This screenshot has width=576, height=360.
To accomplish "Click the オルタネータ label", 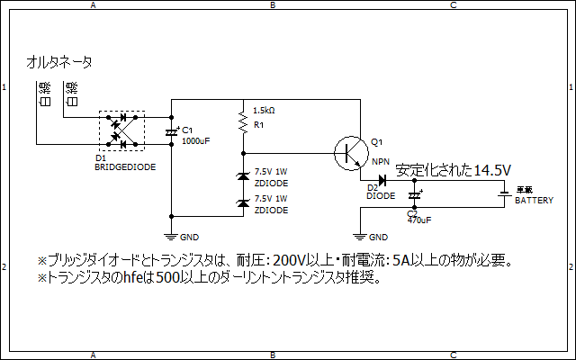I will [x=60, y=62].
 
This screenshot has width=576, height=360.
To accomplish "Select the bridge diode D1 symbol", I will [x=121, y=130].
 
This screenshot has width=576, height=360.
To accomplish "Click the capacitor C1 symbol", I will [x=172, y=132].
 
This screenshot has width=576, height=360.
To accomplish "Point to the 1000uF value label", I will [x=195, y=141].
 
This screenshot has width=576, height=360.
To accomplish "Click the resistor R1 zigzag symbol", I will [x=242, y=119].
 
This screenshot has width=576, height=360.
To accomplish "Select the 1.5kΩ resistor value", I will [x=265, y=110].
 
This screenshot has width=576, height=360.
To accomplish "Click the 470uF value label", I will [x=418, y=219].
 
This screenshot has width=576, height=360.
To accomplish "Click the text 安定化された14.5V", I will [x=454, y=170].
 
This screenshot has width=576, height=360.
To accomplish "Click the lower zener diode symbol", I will [x=242, y=203].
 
